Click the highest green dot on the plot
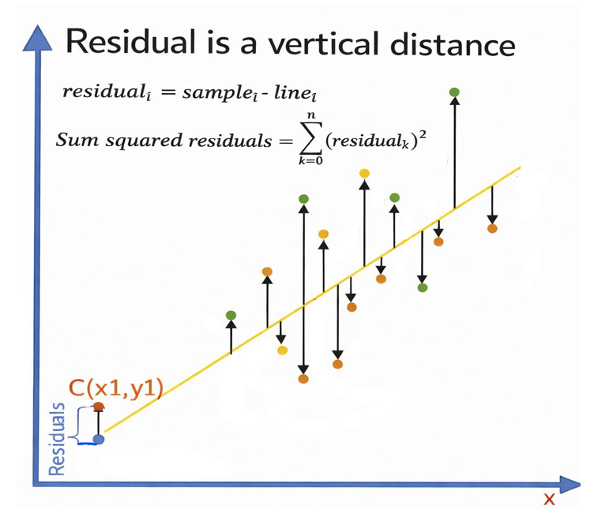point(454,92)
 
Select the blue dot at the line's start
point(99,438)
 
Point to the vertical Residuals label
point(57,439)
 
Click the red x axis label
point(549,499)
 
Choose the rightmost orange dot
point(492,228)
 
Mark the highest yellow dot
point(364,173)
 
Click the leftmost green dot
point(231,316)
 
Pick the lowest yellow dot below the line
point(282,350)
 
